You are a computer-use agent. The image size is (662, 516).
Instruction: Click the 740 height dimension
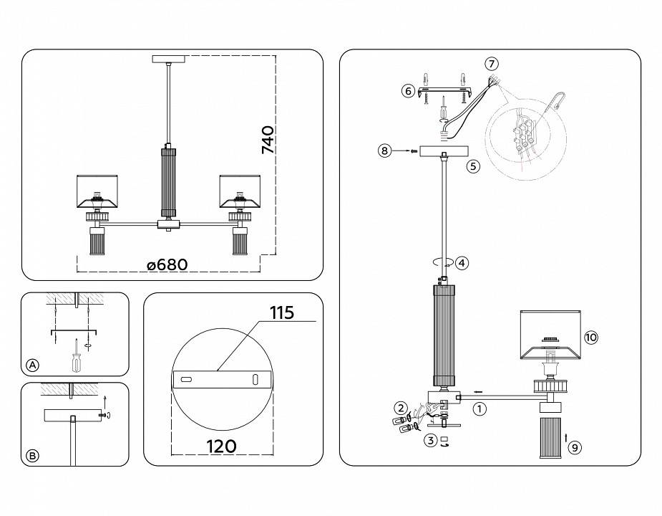(268, 140)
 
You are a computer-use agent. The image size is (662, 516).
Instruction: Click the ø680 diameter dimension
(167, 265)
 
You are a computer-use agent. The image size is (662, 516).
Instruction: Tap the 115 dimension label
(282, 314)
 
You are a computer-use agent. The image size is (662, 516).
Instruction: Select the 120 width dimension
(221, 446)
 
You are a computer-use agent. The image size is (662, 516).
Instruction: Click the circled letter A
(32, 365)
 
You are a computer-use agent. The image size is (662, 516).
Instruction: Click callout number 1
(480, 409)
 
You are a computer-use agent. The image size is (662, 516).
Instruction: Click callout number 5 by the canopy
(472, 166)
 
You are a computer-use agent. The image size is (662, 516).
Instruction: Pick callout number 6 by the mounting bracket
(408, 90)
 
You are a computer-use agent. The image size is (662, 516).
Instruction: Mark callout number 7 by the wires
(491, 64)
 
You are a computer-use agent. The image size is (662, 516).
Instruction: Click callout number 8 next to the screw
(385, 151)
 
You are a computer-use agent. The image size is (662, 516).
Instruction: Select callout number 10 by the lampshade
(590, 337)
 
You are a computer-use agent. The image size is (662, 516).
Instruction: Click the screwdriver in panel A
(75, 356)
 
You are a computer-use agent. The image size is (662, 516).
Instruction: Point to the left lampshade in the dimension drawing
(97, 189)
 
